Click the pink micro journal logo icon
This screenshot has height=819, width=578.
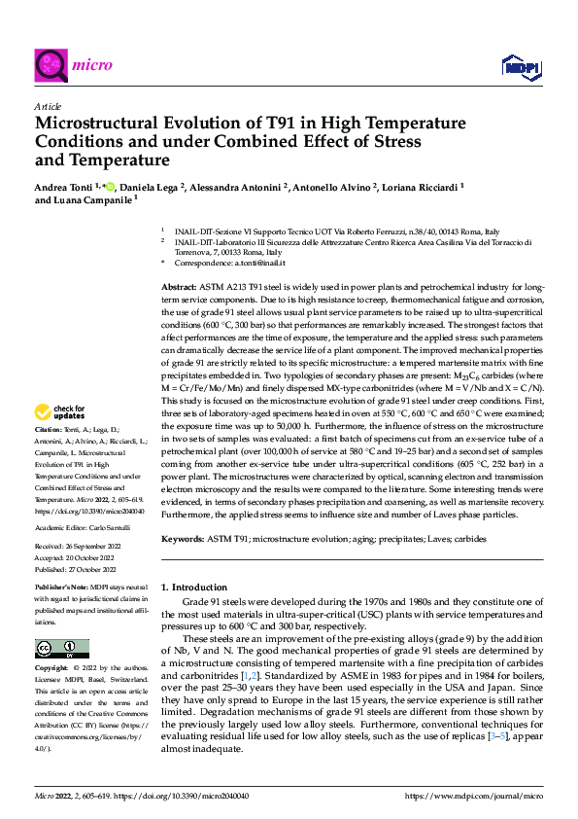point(51,66)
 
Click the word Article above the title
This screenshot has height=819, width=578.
point(47,106)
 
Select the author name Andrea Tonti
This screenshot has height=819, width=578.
point(67,185)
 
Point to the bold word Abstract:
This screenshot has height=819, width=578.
point(179,290)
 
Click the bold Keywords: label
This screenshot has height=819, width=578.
point(182,538)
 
